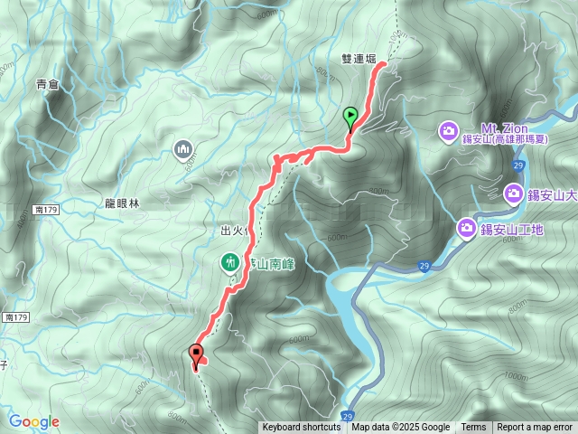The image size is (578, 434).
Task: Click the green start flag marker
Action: tap(350, 117)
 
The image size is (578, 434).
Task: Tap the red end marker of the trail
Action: tap(195, 354)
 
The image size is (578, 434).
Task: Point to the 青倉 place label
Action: tap(47, 84)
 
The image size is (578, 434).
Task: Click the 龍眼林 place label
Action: tap(123, 204)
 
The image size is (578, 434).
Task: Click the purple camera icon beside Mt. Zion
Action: tap(448, 133)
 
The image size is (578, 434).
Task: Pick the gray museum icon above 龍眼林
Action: tap(182, 147)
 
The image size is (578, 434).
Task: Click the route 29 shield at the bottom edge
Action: tap(348, 417)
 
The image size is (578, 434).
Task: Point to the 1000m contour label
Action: tap(516, 376)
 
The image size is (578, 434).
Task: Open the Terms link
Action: tap(473, 428)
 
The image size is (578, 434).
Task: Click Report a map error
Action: tap(535, 428)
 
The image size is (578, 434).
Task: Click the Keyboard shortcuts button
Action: tap(302, 428)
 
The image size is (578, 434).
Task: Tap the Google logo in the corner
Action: tap(34, 421)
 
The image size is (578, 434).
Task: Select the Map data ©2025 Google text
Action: tap(400, 428)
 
